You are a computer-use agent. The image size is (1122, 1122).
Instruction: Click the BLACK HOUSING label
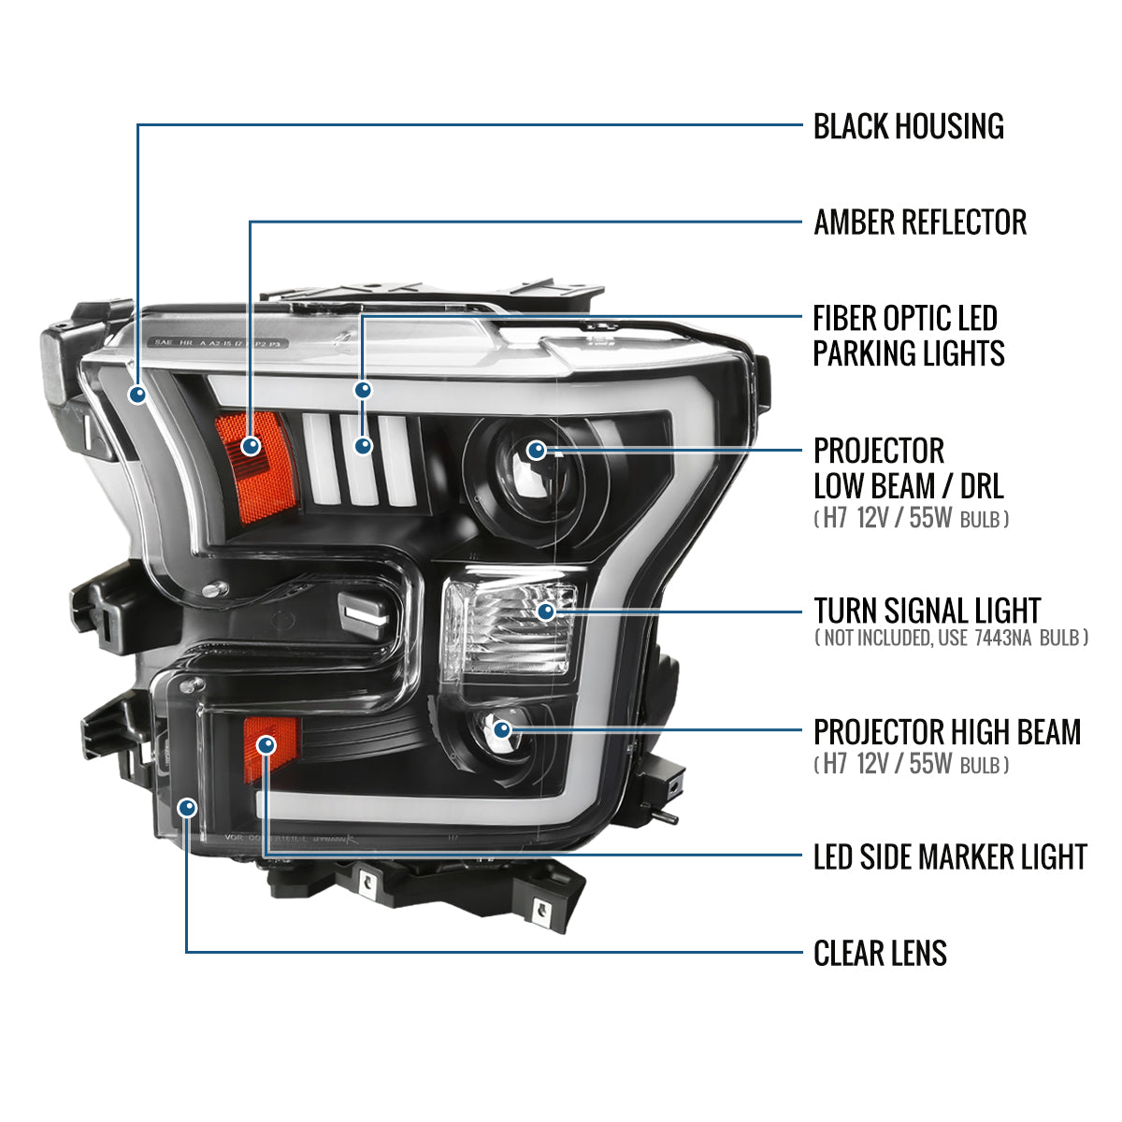908,126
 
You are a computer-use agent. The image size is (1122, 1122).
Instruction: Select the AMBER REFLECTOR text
919,223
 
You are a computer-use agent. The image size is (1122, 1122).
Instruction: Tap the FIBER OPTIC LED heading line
904,319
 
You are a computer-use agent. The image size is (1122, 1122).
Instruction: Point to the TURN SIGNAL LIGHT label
926,611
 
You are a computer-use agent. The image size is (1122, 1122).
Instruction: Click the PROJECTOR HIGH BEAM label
946,732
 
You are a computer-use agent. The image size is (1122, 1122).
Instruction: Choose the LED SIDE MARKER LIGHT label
949,856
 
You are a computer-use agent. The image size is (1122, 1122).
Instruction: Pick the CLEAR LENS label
879,954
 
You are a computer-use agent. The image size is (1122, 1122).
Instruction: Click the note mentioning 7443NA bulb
951,639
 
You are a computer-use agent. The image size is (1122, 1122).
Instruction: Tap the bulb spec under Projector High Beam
911,765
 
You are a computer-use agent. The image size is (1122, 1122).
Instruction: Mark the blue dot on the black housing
138,395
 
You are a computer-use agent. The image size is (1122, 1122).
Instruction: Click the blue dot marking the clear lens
188,807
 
